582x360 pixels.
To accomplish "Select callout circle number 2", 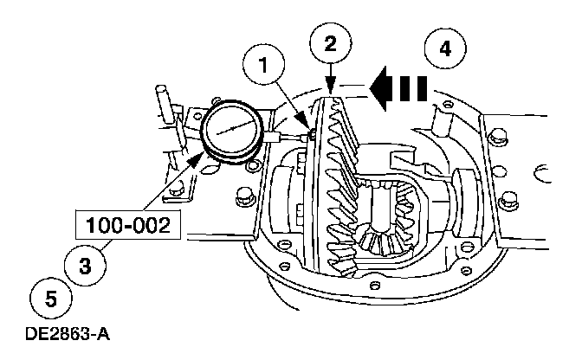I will (x=330, y=42).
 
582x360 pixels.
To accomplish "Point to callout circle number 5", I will (x=50, y=299).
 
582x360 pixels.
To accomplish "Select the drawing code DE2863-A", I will (x=61, y=333).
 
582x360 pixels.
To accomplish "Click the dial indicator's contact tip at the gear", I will (x=311, y=134).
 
